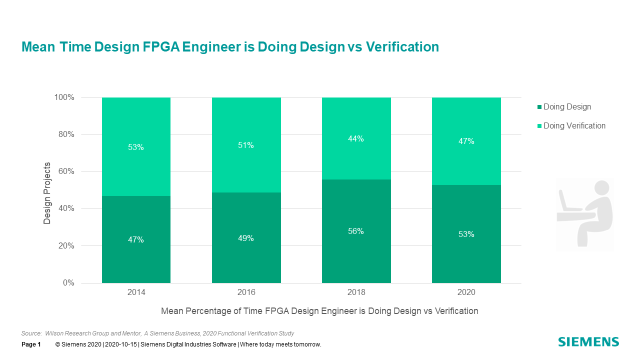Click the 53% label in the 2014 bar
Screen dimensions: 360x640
click(136, 147)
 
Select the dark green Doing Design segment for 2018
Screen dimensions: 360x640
click(356, 255)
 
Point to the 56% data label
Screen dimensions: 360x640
click(356, 231)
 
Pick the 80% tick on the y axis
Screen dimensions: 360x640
click(64, 134)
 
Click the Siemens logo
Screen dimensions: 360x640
click(588, 342)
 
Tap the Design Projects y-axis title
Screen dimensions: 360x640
click(47, 193)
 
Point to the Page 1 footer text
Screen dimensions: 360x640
click(31, 344)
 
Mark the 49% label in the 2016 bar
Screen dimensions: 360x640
click(246, 238)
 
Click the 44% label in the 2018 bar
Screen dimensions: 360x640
click(356, 139)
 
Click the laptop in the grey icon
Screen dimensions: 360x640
click(567, 203)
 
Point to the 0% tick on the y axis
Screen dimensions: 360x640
click(68, 283)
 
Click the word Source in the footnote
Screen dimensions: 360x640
click(30, 333)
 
